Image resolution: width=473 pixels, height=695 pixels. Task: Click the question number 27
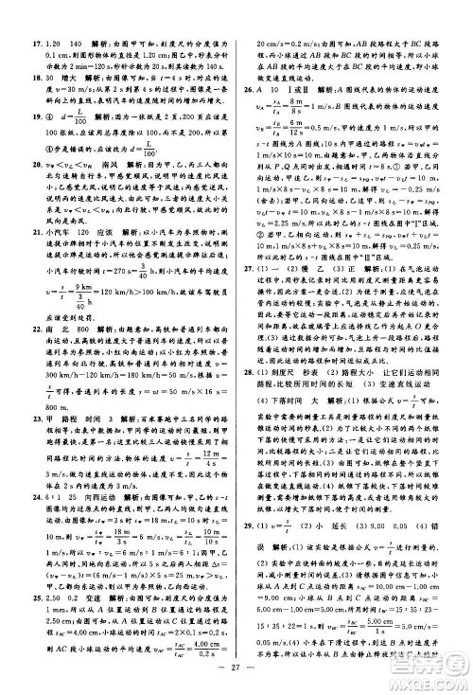point(249,320)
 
